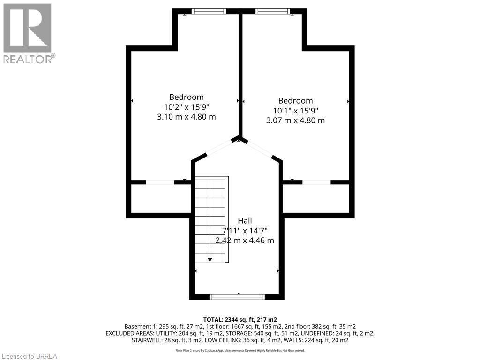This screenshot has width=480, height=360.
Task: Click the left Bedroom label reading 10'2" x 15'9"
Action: [187, 107]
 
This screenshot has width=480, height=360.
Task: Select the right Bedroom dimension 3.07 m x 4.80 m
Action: [295, 120]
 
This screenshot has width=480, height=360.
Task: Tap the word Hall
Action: [245, 221]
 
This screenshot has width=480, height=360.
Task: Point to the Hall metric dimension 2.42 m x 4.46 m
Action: [245, 240]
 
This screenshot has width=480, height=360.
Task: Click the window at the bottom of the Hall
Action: [237, 297]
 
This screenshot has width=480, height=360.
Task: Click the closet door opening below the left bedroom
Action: [160, 182]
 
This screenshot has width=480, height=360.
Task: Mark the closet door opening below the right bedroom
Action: [317, 182]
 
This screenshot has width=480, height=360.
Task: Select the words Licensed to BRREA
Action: [29, 356]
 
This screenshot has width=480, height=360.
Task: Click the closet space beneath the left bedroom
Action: [159, 199]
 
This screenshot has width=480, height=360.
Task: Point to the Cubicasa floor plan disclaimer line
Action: [240, 350]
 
